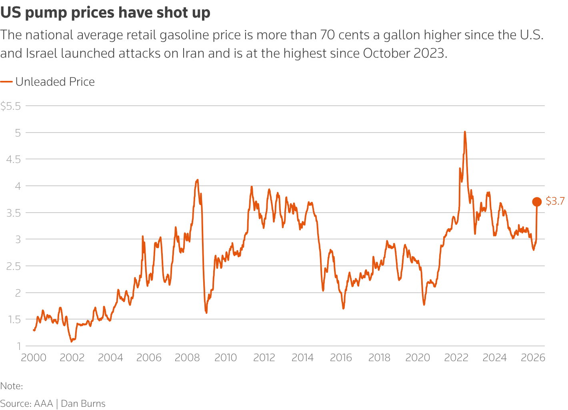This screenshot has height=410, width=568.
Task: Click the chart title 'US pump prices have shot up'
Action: point(105,13)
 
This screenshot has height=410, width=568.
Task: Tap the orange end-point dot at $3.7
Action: point(537,202)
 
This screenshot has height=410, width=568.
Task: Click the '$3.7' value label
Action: point(555,201)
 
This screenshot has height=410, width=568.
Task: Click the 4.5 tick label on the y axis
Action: point(13,159)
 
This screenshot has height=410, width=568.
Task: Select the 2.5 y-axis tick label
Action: point(13,266)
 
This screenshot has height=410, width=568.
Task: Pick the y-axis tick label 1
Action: point(18,346)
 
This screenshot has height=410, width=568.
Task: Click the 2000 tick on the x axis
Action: point(34,358)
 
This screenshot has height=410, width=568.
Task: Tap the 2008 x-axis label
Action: point(187,358)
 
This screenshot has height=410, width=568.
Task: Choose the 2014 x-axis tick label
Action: point(302,358)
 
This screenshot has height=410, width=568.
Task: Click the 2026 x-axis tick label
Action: point(533,358)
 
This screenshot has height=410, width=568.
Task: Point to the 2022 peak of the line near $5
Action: point(464,132)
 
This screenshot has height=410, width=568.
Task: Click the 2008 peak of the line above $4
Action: point(197,180)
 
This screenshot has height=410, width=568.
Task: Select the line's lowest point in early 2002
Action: point(72,342)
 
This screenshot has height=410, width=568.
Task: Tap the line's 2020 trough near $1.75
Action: point(424,305)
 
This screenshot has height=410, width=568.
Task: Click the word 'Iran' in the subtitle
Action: point(194,53)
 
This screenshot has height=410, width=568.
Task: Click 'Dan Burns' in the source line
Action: point(83,404)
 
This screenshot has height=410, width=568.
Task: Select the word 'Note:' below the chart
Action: point(12,386)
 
